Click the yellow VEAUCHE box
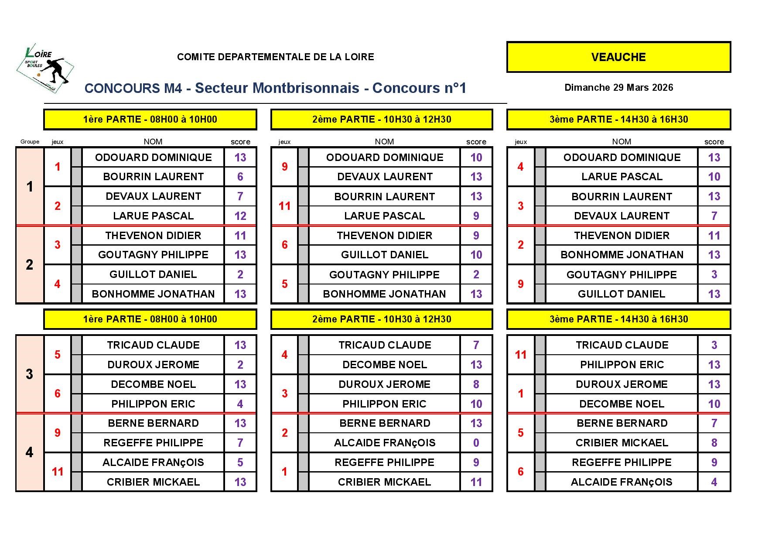(x=618, y=57)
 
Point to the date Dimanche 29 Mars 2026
(x=618, y=88)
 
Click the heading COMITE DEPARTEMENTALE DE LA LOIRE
(x=275, y=57)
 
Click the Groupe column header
(x=30, y=142)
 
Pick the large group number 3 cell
(x=30, y=374)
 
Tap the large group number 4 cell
(x=30, y=452)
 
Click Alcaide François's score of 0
(x=476, y=443)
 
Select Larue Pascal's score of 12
(x=240, y=216)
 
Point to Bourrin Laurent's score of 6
(x=240, y=177)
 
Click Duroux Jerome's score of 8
(x=476, y=384)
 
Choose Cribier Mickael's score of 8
(x=714, y=443)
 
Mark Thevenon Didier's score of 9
(x=476, y=236)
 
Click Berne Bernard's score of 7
(x=714, y=423)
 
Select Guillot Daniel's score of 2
(x=240, y=274)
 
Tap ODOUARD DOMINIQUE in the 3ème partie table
(x=622, y=158)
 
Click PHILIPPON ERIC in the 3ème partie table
(x=622, y=365)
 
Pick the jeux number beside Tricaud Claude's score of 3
(x=520, y=355)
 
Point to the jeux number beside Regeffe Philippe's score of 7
(x=58, y=433)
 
